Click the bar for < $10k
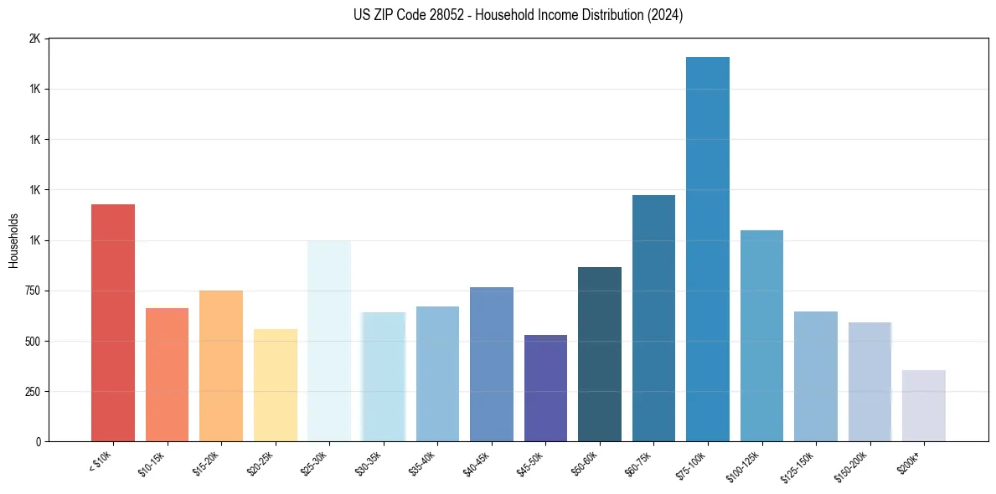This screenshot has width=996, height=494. (113, 322)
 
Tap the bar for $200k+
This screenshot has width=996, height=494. (924, 405)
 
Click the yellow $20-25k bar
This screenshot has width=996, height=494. (276, 385)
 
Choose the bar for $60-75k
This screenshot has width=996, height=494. (653, 318)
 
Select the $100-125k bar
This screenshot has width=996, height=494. (761, 336)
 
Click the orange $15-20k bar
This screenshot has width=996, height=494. (221, 366)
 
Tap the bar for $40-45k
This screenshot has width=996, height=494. (492, 364)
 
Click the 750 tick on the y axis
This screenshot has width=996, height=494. (31, 291)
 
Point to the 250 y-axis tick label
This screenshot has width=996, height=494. (31, 391)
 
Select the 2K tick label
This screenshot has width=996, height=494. (34, 39)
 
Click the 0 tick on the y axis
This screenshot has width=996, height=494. (37, 441)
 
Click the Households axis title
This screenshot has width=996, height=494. (14, 240)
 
